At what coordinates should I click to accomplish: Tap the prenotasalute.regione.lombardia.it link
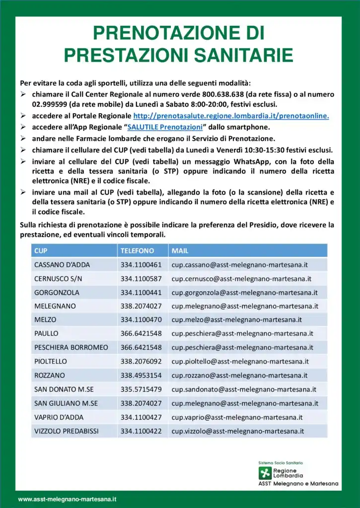point(231,116)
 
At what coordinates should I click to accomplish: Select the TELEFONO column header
point(137,251)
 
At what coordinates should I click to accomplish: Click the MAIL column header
point(180,251)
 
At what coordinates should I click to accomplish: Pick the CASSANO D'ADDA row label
point(62,264)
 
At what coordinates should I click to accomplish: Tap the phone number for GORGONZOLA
point(141,292)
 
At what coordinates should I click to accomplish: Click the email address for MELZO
point(236,320)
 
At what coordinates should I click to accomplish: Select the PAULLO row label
point(46,333)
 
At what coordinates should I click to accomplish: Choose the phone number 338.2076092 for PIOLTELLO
point(141,361)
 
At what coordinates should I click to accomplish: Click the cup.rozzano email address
point(239,375)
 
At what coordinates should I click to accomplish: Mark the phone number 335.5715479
point(141,389)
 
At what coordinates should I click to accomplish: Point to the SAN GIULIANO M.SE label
point(66,403)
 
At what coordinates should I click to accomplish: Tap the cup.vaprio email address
point(237,417)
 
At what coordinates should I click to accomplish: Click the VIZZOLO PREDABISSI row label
point(67,431)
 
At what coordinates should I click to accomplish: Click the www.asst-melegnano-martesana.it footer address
point(67,499)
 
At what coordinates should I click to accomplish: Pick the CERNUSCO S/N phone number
point(141,278)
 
